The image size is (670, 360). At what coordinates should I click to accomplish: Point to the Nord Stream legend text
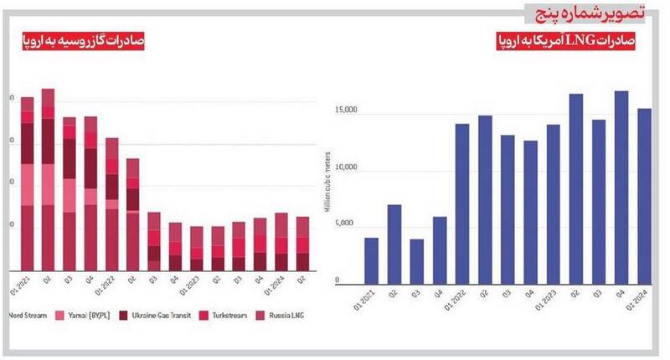25,317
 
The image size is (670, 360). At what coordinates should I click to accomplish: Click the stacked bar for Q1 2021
28,184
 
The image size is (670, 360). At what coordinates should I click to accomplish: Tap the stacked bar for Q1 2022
111,204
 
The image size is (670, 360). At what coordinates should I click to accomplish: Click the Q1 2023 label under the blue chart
552,296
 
